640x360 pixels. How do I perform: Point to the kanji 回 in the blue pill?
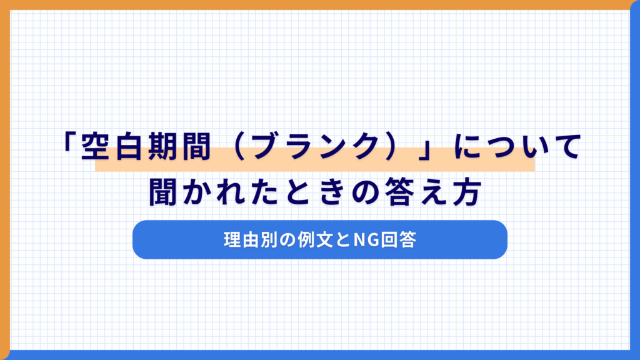pyautogui.click(x=389, y=239)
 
